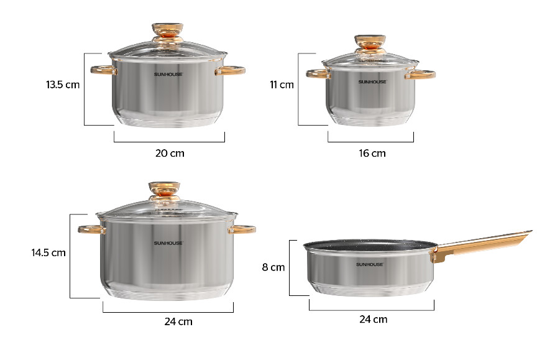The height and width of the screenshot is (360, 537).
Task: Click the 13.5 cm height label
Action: coord(63,85)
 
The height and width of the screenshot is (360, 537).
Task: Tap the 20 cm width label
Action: coord(170,153)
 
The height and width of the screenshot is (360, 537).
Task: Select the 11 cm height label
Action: coord(282,85)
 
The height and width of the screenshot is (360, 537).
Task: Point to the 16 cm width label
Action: coord(372,153)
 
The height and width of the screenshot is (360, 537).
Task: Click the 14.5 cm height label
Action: coord(48,253)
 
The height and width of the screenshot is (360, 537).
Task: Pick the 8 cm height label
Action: coord(273,267)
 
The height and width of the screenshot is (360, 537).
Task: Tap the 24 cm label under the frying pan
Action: coord(374,319)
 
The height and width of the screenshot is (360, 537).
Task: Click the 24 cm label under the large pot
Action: coord(178,321)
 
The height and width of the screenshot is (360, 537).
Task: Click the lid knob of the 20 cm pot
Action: coord(167,32)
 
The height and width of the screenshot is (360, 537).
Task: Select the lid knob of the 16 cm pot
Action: coord(370,44)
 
